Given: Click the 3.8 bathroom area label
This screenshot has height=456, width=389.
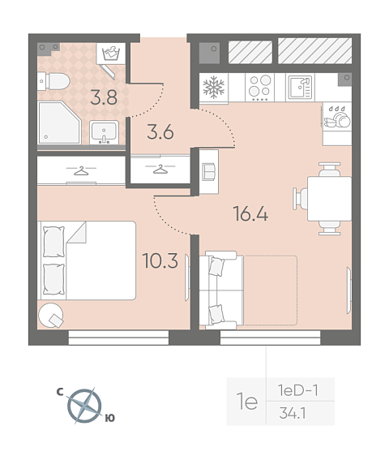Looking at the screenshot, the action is pyautogui.click(x=104, y=97).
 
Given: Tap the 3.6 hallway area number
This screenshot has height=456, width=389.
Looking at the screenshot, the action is pyautogui.click(x=160, y=131).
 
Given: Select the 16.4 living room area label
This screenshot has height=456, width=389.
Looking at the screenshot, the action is pyautogui.click(x=250, y=213).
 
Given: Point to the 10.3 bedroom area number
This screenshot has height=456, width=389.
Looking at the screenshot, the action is pyautogui.click(x=160, y=260).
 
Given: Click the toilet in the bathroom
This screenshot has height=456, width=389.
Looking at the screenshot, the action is pyautogui.click(x=53, y=81).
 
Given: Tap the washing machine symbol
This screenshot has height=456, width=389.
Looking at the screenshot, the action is pyautogui.click(x=111, y=54).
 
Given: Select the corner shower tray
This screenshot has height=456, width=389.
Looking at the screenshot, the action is pyautogui.click(x=59, y=123).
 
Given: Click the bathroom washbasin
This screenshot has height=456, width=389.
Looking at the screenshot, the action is pyautogui.click(x=104, y=132).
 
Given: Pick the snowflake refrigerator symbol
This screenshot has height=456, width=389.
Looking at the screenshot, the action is pyautogui.click(x=214, y=88).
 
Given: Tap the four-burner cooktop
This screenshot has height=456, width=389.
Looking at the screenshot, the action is pyautogui.click(x=259, y=88).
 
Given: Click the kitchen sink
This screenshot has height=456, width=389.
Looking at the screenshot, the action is pyautogui.click(x=300, y=88).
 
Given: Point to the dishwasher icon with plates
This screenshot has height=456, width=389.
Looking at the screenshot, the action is pyautogui.click(x=337, y=117).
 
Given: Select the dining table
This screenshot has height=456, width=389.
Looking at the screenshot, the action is pyautogui.click(x=330, y=199).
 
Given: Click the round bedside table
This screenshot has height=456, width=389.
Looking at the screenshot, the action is pyautogui.click(x=50, y=316).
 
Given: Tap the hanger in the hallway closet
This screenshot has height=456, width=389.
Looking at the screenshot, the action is pyautogui.click(x=160, y=169).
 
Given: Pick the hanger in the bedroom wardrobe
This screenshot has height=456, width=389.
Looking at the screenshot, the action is pyautogui.click(x=81, y=170).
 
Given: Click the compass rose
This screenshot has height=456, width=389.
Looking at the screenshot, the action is pyautogui.click(x=84, y=406).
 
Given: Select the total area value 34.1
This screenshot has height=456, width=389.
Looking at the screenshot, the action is pyautogui.click(x=293, y=413).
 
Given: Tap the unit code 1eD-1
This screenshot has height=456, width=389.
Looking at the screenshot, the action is pyautogui.click(x=298, y=390).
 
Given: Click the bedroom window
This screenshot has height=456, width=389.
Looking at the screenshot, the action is pyautogui.click(x=118, y=338).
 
